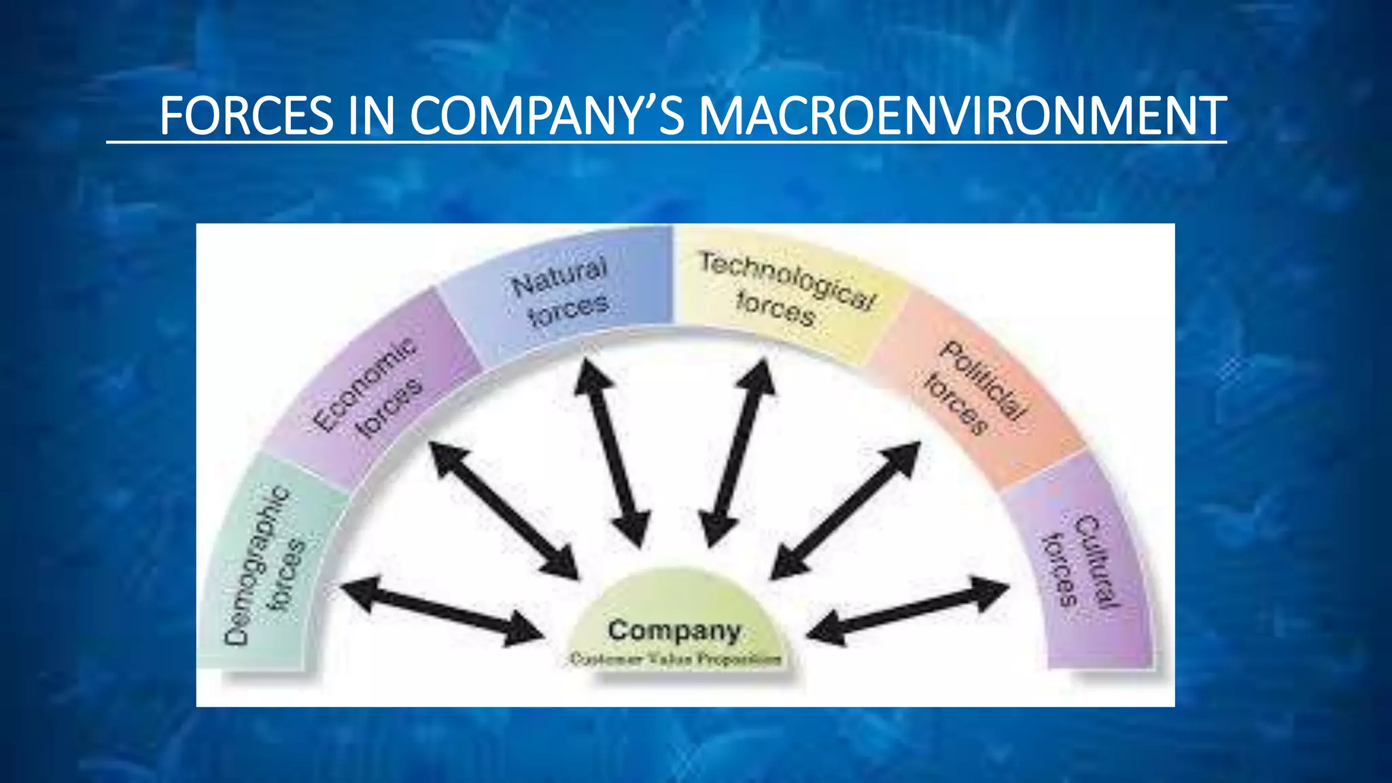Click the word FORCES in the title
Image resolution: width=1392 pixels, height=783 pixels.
click(246, 116)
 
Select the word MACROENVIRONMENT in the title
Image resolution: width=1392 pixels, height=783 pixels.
click(962, 116)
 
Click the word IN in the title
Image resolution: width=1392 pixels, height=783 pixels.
click(371, 116)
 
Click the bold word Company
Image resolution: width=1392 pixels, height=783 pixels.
click(674, 630)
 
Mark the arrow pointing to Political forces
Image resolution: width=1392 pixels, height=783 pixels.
click(846, 510)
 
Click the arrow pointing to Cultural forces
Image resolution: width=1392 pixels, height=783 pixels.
click(908, 609)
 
